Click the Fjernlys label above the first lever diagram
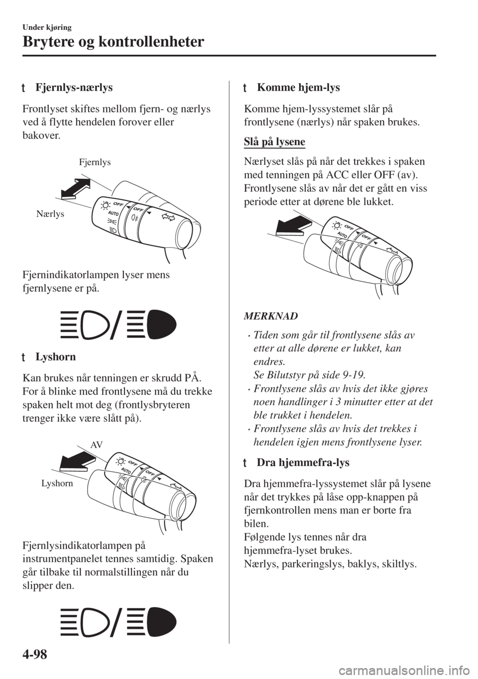click(x=95, y=163)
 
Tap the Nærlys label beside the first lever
click(x=50, y=214)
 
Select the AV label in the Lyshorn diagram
click(x=97, y=445)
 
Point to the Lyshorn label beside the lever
click(x=57, y=483)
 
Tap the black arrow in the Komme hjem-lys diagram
click(x=294, y=225)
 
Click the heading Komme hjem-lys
click(x=298, y=88)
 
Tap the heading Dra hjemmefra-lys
click(x=303, y=463)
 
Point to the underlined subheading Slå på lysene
click(x=274, y=142)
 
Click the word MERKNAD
click(x=271, y=316)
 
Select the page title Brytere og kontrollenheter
click(x=113, y=41)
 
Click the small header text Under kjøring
click(x=47, y=27)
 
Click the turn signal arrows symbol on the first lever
click(x=168, y=217)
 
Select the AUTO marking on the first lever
click(x=113, y=213)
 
